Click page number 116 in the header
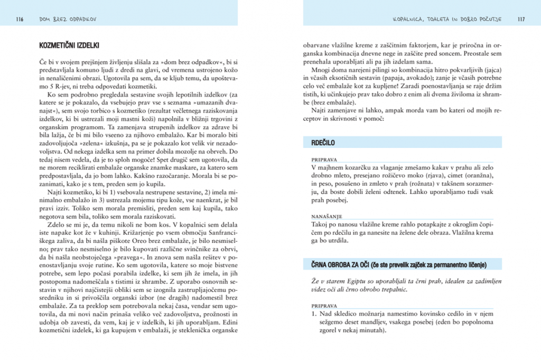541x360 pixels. (x=20, y=20)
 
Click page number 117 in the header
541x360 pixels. (x=520, y=20)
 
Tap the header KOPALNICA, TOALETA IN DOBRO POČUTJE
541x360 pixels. (x=446, y=20)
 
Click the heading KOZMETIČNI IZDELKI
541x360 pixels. (x=69, y=45)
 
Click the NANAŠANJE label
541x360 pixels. (x=326, y=216)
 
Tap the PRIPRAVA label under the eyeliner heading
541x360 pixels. (x=324, y=305)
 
